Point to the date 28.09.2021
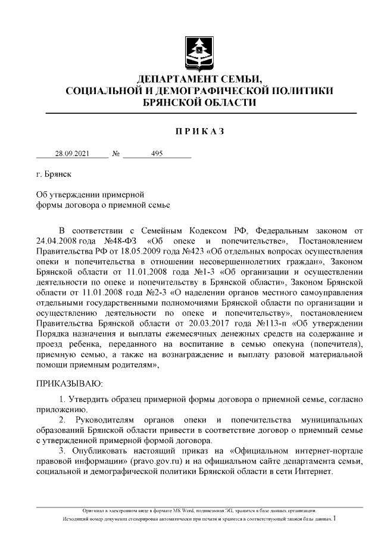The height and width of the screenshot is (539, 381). coord(72,153)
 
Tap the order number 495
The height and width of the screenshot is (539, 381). coord(157,153)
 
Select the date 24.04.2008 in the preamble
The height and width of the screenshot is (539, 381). coord(57,240)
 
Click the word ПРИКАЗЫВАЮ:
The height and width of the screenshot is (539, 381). coord(70,381)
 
